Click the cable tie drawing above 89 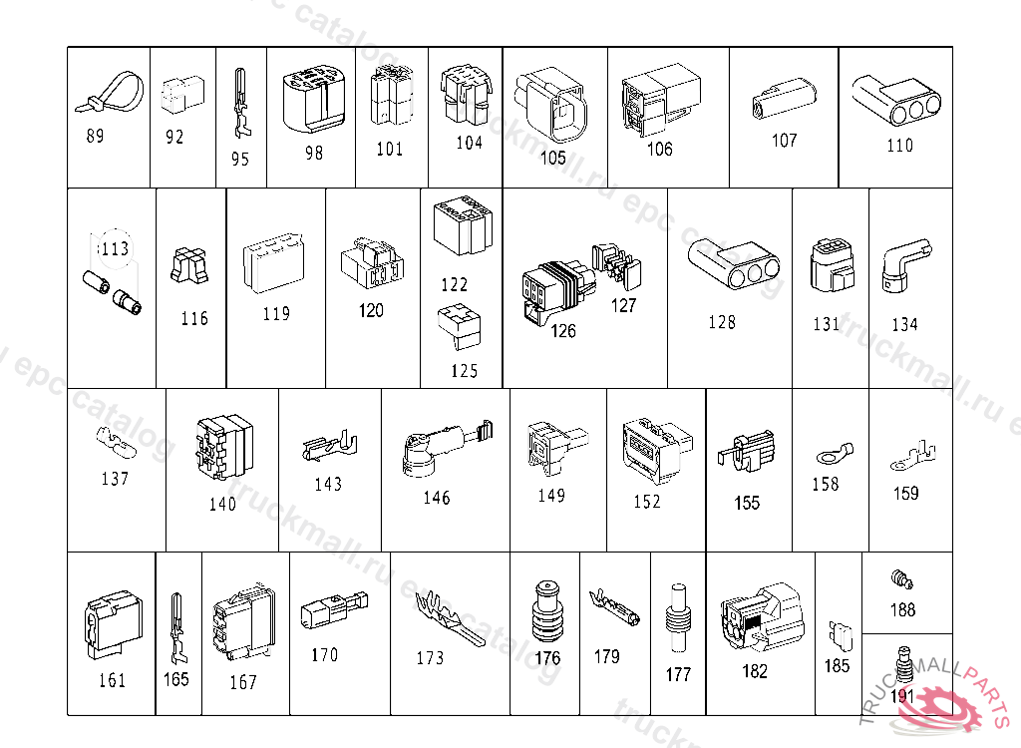(x=108, y=93)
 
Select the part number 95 (x=240, y=159)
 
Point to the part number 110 (x=899, y=146)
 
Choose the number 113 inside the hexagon (x=115, y=248)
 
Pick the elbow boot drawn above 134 (x=902, y=266)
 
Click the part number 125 (x=464, y=372)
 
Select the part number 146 (x=437, y=498)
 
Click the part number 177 (x=678, y=675)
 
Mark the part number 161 (x=112, y=681)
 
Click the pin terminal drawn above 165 (x=177, y=627)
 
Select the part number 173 (x=430, y=658)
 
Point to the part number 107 (x=785, y=141)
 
